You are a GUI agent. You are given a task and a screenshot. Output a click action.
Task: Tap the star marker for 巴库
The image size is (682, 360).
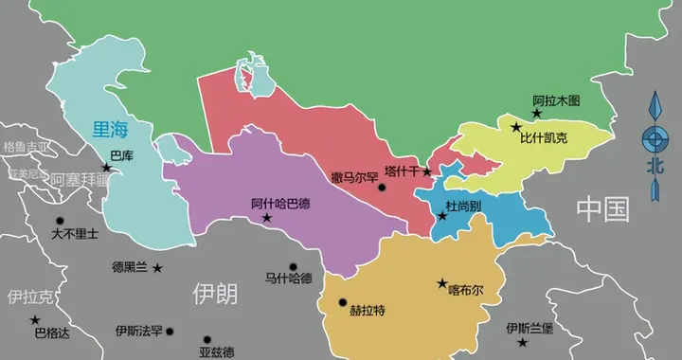[x=107, y=169]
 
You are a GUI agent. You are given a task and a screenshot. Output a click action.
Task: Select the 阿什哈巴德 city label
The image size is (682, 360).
[x=280, y=203]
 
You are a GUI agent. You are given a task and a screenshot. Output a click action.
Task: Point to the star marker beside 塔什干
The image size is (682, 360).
[x=427, y=172]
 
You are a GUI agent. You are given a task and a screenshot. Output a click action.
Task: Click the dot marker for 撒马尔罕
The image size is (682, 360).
[x=382, y=188]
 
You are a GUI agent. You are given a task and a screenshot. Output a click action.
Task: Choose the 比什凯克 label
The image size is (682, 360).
[x=543, y=138]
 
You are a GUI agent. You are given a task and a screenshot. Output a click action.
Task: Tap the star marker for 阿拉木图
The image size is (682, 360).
[x=537, y=114]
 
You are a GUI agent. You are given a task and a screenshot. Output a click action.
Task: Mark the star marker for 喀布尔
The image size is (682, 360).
[x=441, y=282]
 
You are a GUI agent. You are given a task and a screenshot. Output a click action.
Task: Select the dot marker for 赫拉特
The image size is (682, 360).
[x=343, y=303]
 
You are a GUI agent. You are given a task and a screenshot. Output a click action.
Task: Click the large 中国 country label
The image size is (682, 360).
[x=603, y=207]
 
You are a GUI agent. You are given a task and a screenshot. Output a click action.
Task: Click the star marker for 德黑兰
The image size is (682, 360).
[x=157, y=268]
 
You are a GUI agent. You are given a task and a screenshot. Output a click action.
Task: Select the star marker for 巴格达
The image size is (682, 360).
[x=36, y=319]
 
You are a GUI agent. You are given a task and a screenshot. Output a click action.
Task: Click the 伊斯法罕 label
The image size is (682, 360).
[x=139, y=331]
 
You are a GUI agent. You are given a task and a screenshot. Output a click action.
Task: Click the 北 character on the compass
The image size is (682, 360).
[x=653, y=165]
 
